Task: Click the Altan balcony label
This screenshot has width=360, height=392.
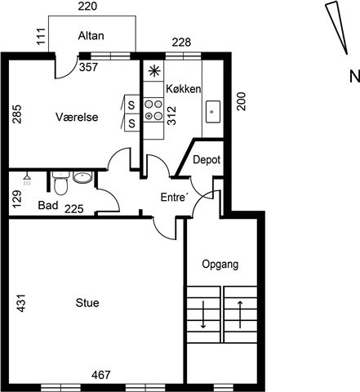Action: click(91, 36)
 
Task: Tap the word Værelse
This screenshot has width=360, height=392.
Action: click(77, 117)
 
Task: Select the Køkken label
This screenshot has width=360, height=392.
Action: click(184, 89)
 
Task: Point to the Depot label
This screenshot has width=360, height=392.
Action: click(207, 159)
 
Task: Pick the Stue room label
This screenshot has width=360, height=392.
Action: click(87, 303)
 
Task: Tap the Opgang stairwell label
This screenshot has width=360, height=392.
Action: click(220, 265)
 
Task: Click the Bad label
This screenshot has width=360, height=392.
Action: click(48, 205)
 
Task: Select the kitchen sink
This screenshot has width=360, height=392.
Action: click(213, 112)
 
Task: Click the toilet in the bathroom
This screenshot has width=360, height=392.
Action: click(60, 183)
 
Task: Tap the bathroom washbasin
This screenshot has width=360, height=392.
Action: click(82, 177)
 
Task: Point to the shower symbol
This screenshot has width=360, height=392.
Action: click(27, 180)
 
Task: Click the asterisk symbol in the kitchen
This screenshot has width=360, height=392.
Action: click(154, 71)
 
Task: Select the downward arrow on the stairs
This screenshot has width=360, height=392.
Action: click(203, 314)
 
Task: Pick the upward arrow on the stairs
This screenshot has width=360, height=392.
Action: click(240, 314)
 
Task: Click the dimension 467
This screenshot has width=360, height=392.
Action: click(101, 375)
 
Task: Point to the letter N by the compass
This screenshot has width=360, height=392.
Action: click(354, 77)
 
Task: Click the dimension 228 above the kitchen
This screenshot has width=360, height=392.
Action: click(181, 42)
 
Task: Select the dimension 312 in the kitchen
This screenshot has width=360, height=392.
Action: click(171, 115)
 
